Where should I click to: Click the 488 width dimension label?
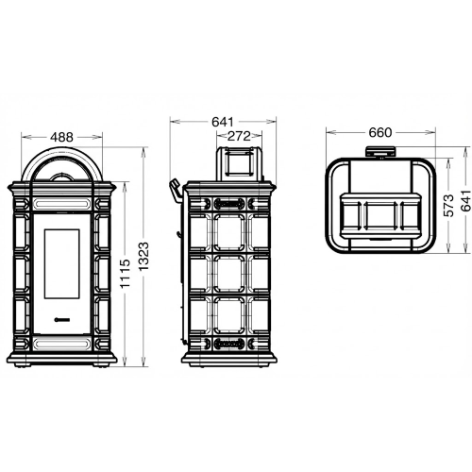click(61, 137)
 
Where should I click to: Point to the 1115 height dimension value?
click(126, 274)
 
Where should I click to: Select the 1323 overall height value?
click(143, 257)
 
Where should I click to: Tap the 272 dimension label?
click(239, 136)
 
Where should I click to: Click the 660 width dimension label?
click(380, 132)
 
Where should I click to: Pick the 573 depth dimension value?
click(449, 206)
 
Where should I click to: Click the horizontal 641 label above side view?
click(223, 122)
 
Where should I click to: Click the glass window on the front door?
click(61, 263)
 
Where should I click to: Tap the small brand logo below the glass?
click(62, 320)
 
